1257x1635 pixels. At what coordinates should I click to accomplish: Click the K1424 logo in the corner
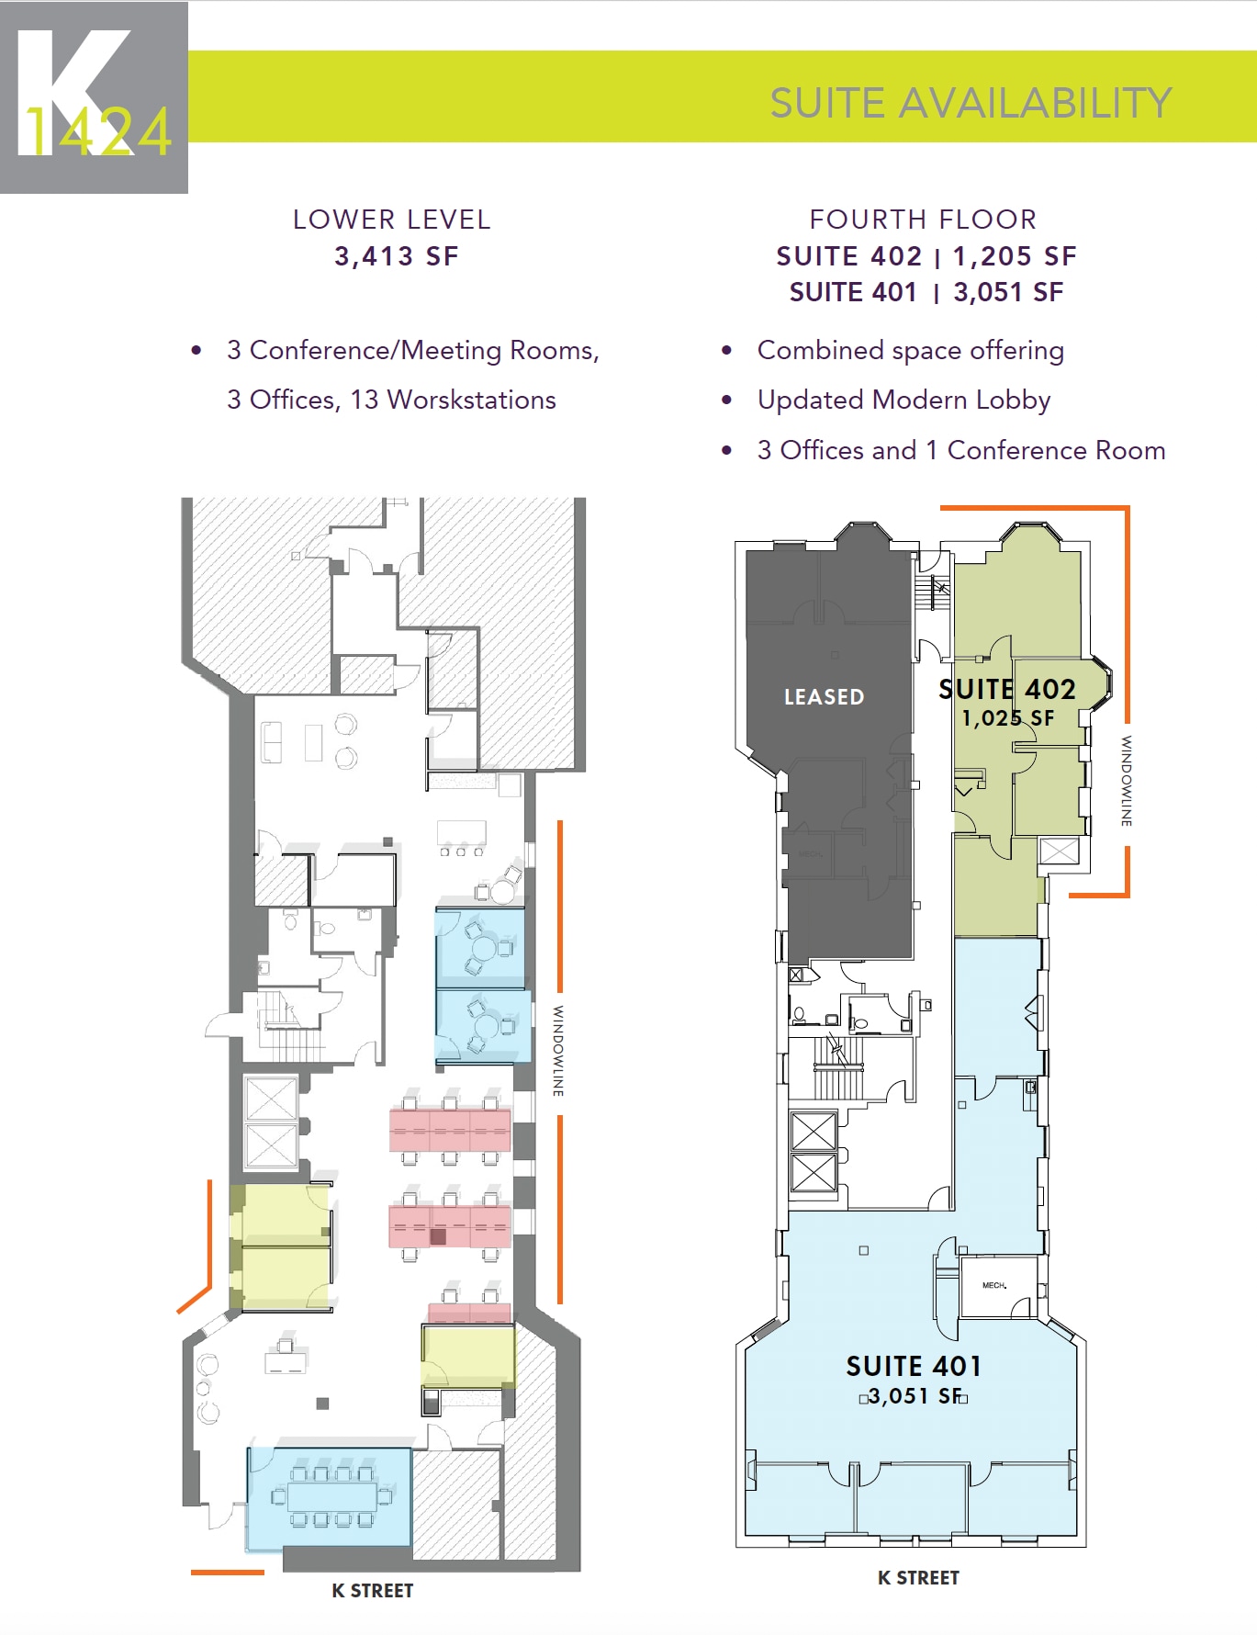[94, 97]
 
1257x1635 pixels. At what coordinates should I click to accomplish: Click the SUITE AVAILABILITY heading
[970, 103]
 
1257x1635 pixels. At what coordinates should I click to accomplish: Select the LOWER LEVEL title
[392, 220]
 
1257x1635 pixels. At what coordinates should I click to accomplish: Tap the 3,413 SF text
[396, 256]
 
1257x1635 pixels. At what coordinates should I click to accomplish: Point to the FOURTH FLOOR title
[923, 220]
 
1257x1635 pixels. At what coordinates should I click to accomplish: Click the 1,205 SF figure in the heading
[1014, 256]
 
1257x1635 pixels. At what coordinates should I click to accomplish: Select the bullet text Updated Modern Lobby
[903, 400]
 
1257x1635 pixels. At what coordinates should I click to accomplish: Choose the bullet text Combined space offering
[910, 351]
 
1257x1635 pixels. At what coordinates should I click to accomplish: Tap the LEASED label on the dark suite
[824, 697]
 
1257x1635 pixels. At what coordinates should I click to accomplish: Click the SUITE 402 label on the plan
[1006, 689]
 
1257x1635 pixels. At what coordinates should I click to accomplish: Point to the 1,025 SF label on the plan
[1007, 718]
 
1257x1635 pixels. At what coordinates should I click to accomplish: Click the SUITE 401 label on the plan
[914, 1367]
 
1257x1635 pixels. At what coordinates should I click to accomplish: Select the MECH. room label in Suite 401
[993, 1285]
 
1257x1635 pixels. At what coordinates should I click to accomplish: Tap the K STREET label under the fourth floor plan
[918, 1578]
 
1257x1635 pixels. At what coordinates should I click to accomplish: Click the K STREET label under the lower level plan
[372, 1591]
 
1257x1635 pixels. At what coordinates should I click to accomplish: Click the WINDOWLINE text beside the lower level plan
[557, 1051]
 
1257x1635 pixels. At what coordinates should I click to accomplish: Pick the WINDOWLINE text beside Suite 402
[1126, 781]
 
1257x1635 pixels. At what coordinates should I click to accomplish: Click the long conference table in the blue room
[331, 1496]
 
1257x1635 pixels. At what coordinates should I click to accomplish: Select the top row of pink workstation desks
[450, 1129]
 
